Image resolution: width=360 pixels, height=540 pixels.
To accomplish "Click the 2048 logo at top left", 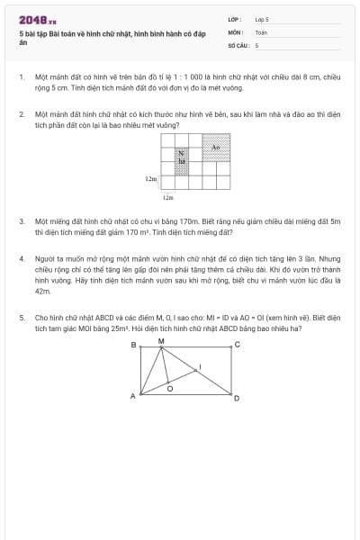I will point(38,21).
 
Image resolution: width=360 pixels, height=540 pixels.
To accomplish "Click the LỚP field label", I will point(234,19).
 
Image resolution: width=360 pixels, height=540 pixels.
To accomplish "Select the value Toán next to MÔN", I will point(261,31).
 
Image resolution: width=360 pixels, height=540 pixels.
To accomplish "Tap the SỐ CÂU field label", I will point(238,44).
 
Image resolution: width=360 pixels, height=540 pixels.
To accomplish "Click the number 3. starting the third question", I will point(21,220).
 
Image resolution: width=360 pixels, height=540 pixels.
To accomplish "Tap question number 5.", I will point(21,317).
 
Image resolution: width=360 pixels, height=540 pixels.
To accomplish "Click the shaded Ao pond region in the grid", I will point(216,147).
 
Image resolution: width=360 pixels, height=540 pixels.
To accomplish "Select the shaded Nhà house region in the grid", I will point(182,160).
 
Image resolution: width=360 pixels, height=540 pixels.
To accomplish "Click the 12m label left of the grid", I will point(151,179).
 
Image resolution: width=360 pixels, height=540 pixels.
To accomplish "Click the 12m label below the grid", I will point(167,195).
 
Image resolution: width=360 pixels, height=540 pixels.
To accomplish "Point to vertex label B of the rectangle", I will point(134,345).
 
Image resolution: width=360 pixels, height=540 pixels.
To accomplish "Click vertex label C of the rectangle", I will point(238,345).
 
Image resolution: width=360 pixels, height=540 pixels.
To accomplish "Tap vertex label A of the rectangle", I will point(132,396).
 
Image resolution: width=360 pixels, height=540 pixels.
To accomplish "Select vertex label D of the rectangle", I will point(238,397).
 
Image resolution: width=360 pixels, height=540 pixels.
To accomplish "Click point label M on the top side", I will point(161,340).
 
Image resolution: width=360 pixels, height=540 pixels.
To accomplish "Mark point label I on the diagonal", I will point(200,365).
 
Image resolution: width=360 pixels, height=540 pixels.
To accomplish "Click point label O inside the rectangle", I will point(170,389).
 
